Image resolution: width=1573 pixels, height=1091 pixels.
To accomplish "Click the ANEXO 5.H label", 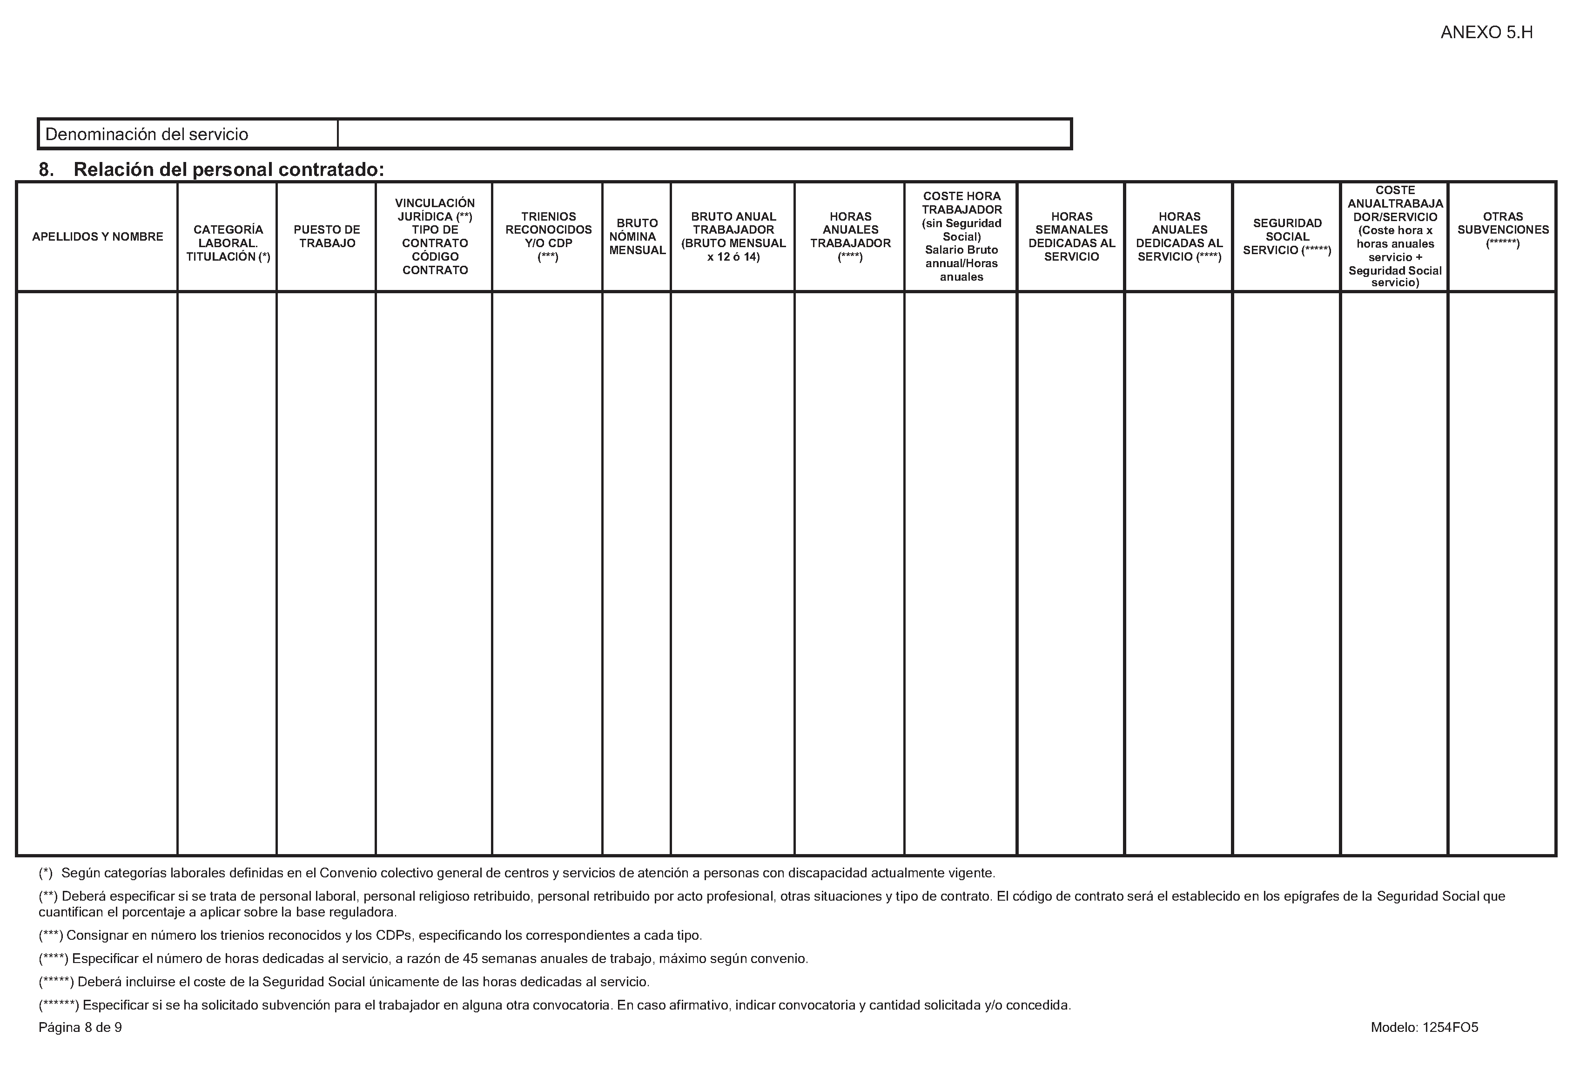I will click(x=1486, y=33).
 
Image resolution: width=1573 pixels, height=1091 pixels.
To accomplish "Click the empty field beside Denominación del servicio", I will click(x=704, y=134).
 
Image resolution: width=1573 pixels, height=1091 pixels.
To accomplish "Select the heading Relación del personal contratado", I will click(x=228, y=169).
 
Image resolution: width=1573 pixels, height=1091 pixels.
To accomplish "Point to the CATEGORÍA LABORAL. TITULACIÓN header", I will click(x=228, y=243).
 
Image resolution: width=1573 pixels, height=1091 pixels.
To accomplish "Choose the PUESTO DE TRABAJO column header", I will click(x=327, y=236).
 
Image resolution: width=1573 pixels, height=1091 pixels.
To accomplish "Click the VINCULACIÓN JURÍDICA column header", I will click(x=435, y=236).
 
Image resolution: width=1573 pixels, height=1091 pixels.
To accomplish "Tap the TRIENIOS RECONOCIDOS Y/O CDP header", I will click(x=548, y=236).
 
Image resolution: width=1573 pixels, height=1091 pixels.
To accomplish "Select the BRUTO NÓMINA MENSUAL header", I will click(x=637, y=236).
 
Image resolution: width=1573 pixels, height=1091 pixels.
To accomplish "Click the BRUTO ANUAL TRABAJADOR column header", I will click(x=733, y=236).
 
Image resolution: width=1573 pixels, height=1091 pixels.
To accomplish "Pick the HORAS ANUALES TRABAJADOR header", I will click(x=850, y=236).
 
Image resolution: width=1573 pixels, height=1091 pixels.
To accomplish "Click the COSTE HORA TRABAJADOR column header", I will click(x=961, y=236).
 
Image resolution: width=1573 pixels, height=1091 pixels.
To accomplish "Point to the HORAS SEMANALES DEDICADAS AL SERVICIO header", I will click(x=1071, y=236).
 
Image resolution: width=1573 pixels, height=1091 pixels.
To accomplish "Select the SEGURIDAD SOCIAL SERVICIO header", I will click(x=1287, y=236).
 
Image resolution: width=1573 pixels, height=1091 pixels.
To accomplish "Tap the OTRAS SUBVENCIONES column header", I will click(x=1503, y=229).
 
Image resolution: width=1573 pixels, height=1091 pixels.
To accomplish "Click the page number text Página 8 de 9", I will click(x=80, y=1027).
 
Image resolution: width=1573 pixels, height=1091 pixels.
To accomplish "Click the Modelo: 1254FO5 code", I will click(x=1424, y=1027).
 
